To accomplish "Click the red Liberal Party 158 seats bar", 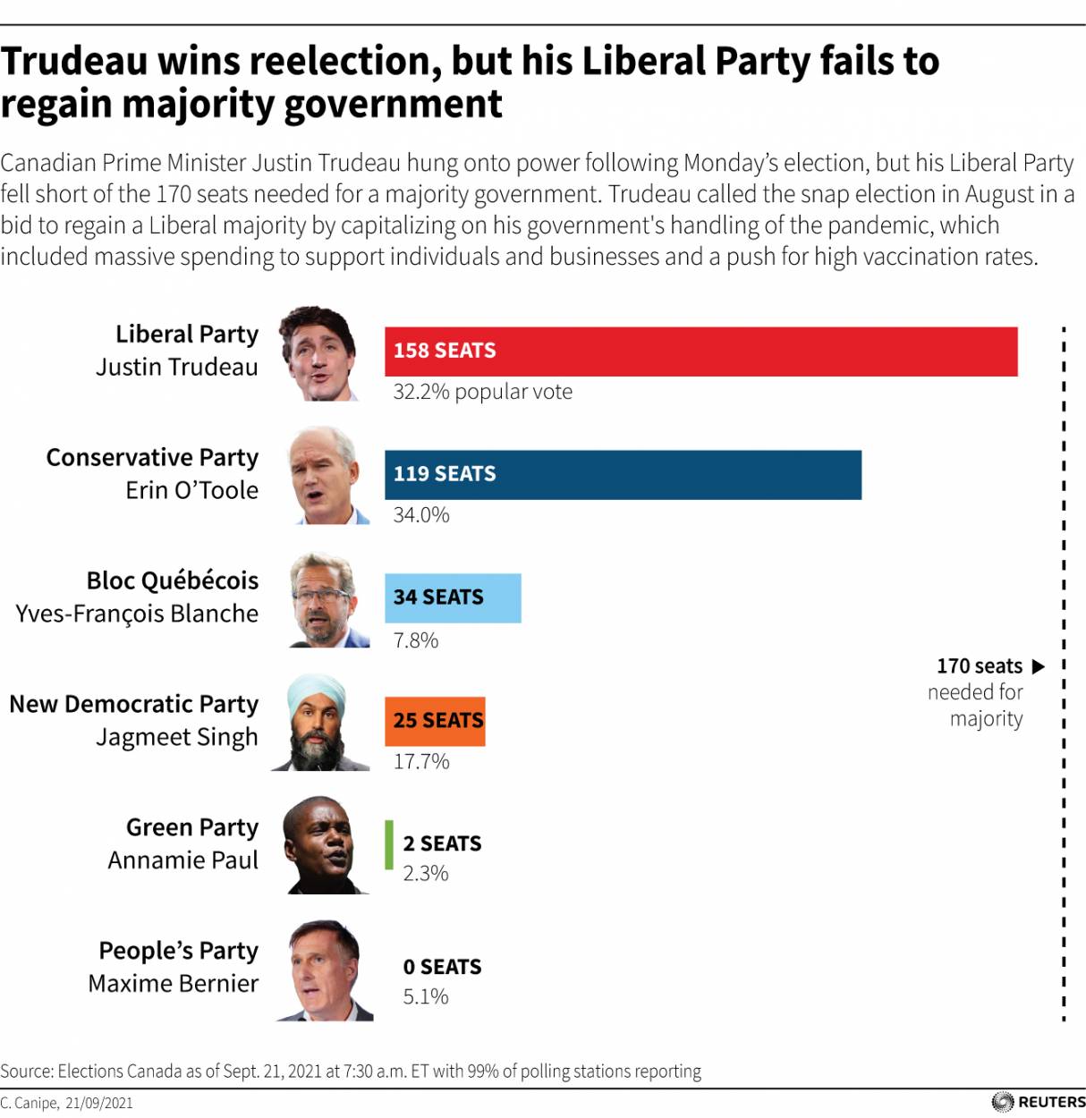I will [700, 351].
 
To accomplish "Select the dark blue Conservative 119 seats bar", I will [623, 475].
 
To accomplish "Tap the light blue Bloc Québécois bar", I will [453, 598].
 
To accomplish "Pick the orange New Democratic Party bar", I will [435, 721].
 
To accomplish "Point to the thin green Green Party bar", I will [389, 845].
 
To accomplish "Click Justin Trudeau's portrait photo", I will [319, 354].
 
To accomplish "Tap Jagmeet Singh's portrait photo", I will [320, 723].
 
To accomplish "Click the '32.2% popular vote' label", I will [482, 392].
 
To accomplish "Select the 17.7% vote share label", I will [421, 762].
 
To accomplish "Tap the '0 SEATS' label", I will [442, 967].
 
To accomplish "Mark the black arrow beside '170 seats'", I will [1038, 666].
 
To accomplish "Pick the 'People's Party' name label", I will [178, 950].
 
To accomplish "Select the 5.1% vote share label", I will [426, 997].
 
